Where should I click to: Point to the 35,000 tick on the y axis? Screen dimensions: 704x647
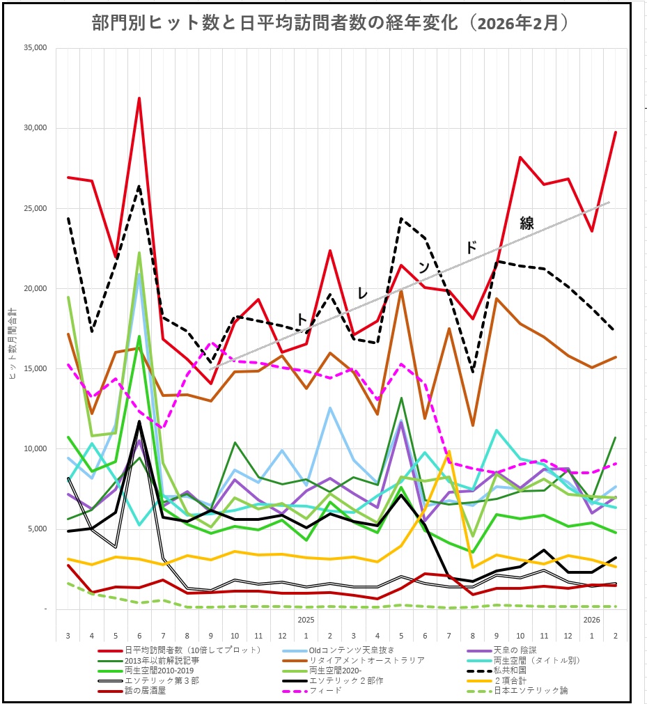(35, 48)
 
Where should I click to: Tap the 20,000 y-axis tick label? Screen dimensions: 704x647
(35, 288)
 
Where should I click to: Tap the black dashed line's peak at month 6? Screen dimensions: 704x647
(139, 186)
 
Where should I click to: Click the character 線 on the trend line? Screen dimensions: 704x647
(527, 224)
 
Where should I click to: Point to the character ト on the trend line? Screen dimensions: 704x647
(302, 318)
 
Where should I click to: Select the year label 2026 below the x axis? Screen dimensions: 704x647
(591, 619)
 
